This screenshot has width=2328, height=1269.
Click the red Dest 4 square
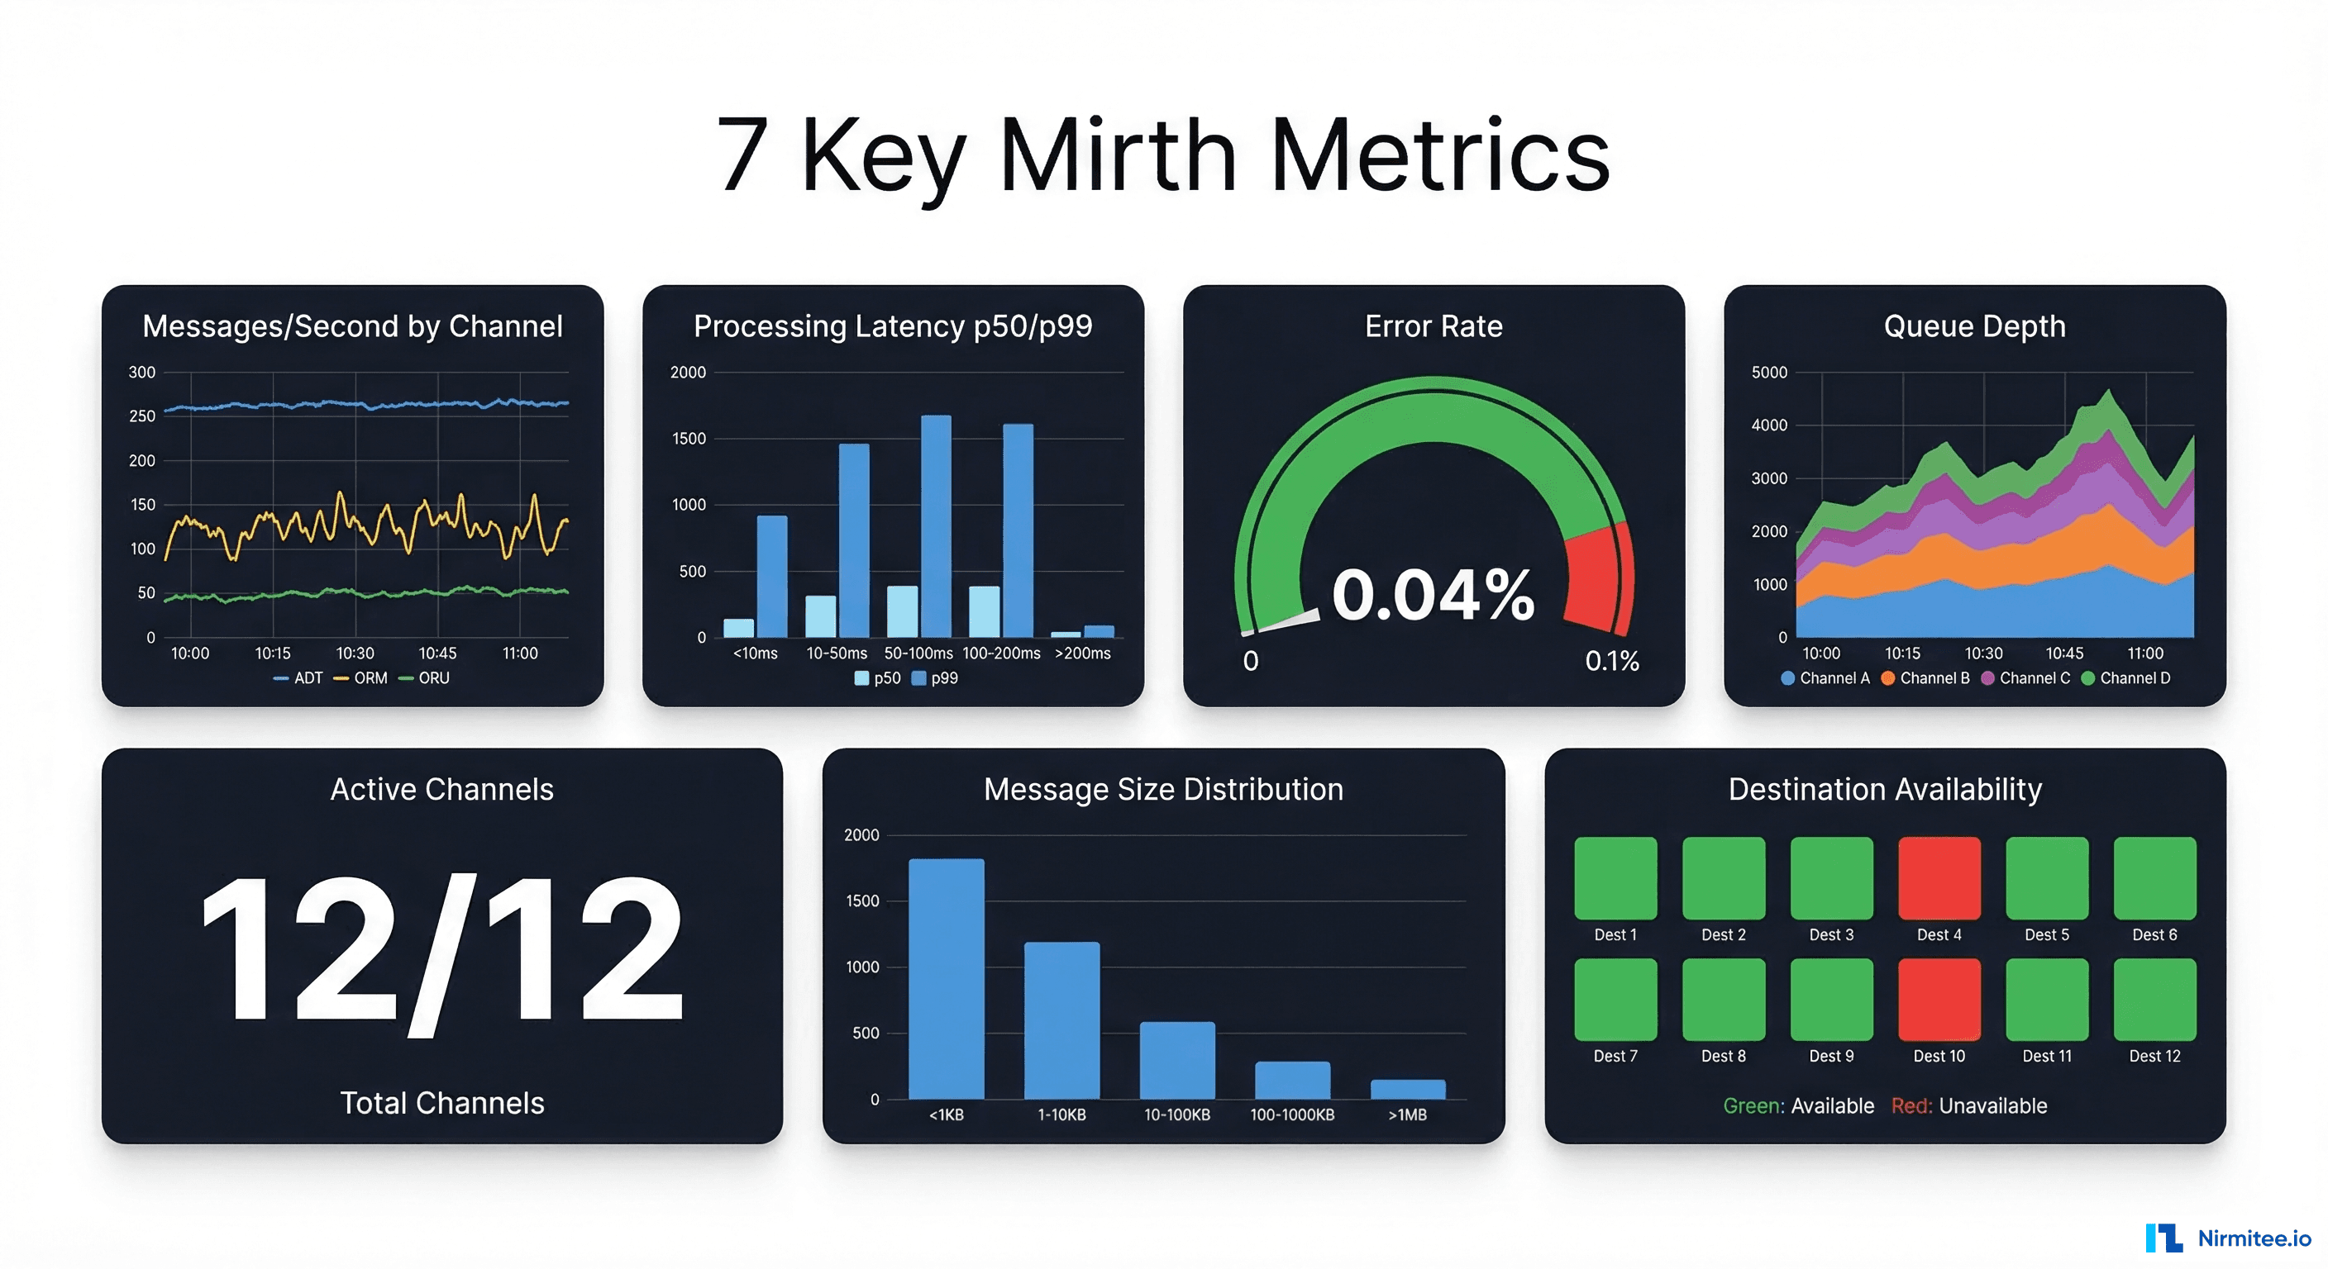tap(1939, 877)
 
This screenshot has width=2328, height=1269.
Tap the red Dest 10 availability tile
tap(1939, 999)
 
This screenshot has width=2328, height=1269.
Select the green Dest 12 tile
tap(2154, 999)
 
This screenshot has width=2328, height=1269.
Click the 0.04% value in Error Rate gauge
tap(1433, 595)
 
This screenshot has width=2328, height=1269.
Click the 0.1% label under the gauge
tap(1611, 661)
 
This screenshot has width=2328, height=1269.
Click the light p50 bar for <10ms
tap(738, 628)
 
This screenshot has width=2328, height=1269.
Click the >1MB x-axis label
tap(1407, 1115)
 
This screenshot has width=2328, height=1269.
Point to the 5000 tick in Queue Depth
tap(1768, 372)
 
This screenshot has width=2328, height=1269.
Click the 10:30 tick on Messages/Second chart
tap(355, 653)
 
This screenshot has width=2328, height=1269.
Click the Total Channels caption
tap(442, 1103)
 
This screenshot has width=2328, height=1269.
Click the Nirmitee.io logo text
tap(2254, 1238)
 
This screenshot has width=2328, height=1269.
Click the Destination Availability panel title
tap(1884, 789)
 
